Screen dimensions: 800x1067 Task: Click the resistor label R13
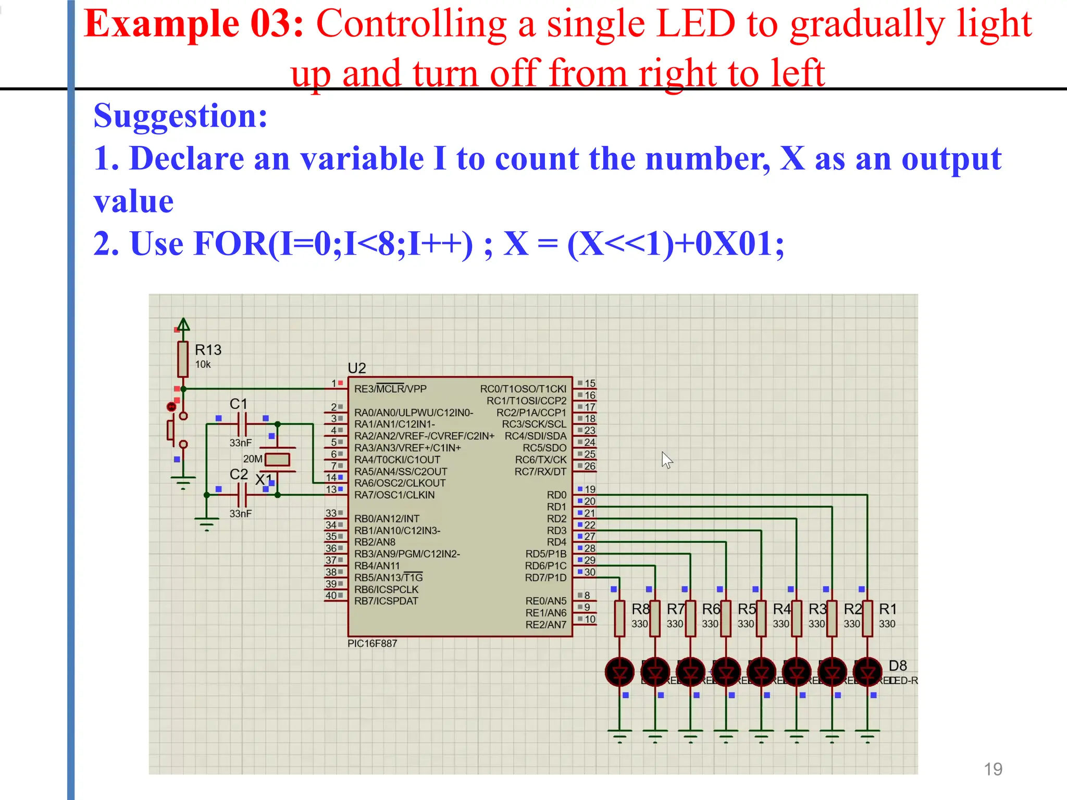208,350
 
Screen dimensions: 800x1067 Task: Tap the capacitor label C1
239,404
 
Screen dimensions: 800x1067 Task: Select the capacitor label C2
239,474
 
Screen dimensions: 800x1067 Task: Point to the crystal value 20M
253,459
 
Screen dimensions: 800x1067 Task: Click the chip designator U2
357,368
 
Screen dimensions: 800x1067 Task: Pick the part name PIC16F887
372,644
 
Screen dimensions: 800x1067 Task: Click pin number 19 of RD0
590,489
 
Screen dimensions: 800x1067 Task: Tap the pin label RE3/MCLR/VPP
390,389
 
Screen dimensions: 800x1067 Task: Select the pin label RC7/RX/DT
540,472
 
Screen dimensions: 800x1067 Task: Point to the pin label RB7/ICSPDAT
386,601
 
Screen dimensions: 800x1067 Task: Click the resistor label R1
888,609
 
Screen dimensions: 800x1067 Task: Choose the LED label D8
898,666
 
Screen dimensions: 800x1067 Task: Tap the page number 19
993,769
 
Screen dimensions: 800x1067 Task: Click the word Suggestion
180,116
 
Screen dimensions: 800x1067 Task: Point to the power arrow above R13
183,324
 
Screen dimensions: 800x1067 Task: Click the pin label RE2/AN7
545,624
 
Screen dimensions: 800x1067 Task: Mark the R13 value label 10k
203,365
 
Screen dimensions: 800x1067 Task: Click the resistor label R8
640,609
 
